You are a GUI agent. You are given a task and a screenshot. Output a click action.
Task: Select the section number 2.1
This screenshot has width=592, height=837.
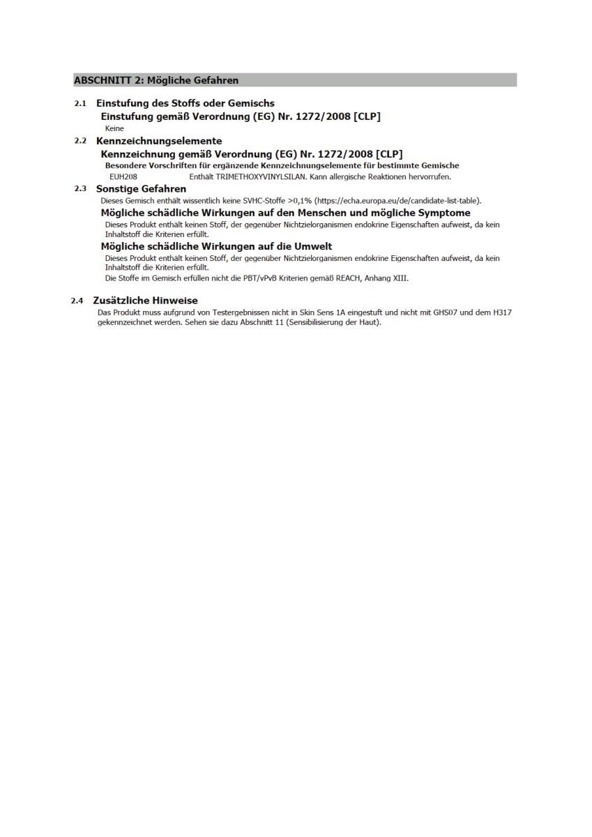81,103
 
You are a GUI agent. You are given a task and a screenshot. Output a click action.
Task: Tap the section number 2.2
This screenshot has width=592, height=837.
81,141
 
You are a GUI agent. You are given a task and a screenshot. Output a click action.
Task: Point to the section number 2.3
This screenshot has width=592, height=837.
81,189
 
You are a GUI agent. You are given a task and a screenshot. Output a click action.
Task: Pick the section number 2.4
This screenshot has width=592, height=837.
77,301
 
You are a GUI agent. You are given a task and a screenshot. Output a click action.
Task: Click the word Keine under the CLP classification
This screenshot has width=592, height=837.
114,128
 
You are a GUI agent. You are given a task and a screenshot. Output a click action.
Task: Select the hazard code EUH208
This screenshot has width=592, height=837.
123,177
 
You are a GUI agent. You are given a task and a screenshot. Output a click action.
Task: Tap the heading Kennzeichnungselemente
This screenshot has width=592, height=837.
159,141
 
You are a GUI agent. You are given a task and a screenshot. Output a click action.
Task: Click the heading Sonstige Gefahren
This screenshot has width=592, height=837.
141,189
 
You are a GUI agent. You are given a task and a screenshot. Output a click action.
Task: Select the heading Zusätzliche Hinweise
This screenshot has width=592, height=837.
145,301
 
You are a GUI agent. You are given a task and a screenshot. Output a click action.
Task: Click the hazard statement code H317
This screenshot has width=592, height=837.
502,312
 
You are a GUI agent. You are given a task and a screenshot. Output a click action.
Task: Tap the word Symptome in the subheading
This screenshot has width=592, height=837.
444,213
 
